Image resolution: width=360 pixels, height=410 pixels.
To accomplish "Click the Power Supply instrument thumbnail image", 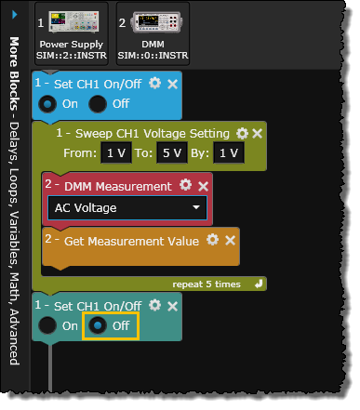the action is click(73, 21).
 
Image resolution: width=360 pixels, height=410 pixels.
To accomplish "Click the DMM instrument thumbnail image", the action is click(156, 22).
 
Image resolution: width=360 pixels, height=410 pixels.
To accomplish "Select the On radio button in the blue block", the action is click(47, 104).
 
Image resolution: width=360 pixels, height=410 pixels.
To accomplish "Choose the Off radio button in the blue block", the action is click(98, 104).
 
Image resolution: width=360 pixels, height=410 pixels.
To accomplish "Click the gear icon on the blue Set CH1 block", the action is click(154, 83).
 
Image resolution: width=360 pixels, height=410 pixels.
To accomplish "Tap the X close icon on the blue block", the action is click(172, 84).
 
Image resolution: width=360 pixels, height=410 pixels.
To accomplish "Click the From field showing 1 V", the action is click(116, 152).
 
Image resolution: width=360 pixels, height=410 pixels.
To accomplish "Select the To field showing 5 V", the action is click(172, 152).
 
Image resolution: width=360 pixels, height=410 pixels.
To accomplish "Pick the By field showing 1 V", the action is click(229, 152).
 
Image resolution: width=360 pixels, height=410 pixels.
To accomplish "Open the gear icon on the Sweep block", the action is click(242, 133).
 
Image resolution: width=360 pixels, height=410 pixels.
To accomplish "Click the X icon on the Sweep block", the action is click(258, 134).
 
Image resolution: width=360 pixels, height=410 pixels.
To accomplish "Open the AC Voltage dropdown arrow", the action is click(196, 207).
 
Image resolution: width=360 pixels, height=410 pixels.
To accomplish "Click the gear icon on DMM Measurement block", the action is click(185, 185).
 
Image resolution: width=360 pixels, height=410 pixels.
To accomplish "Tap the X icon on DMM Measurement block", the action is click(203, 186).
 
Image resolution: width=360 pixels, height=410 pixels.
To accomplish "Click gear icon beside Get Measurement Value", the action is click(212, 239).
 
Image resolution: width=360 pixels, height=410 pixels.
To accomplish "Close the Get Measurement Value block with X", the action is click(230, 240).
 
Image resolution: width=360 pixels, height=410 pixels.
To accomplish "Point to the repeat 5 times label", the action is click(207, 284).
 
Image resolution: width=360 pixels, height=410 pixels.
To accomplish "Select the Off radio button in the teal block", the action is click(98, 325).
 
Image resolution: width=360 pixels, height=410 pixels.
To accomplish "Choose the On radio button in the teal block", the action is click(47, 325).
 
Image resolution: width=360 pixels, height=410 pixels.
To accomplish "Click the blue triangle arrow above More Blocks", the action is click(15, 14).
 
